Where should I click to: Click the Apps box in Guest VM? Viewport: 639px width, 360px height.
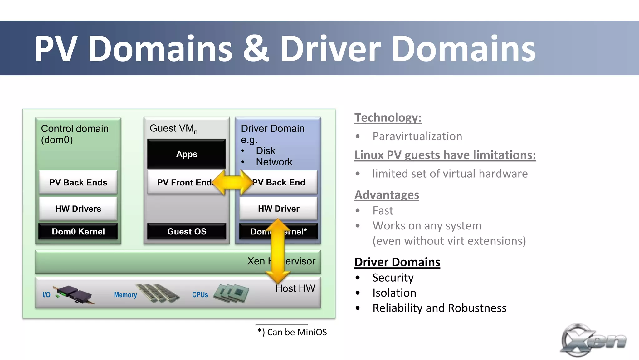pyautogui.click(x=187, y=154)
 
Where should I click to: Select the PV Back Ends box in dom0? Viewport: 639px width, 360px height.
pyautogui.click(x=78, y=182)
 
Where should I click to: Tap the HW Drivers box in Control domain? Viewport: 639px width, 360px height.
pyautogui.click(x=78, y=209)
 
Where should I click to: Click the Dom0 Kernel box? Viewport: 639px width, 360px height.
pyautogui.click(x=78, y=232)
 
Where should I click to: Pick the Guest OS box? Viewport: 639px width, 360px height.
pyautogui.click(x=187, y=232)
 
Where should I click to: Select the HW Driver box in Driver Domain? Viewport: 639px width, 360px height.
pyautogui.click(x=278, y=209)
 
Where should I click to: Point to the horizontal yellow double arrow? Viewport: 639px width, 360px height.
pyautogui.click(x=232, y=182)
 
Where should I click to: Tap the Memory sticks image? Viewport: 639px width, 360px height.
pyautogui.click(x=158, y=293)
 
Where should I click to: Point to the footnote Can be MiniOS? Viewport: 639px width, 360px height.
pyautogui.click(x=292, y=332)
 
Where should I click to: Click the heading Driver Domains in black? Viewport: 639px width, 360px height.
pyautogui.click(x=397, y=262)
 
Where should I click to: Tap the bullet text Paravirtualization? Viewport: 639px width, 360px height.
pyautogui.click(x=417, y=136)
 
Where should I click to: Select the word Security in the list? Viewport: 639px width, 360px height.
pyautogui.click(x=393, y=278)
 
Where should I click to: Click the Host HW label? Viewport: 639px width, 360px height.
pyautogui.click(x=295, y=288)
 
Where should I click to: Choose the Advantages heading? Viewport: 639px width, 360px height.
pyautogui.click(x=387, y=195)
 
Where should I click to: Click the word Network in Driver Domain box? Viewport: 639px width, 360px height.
pyautogui.click(x=274, y=162)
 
